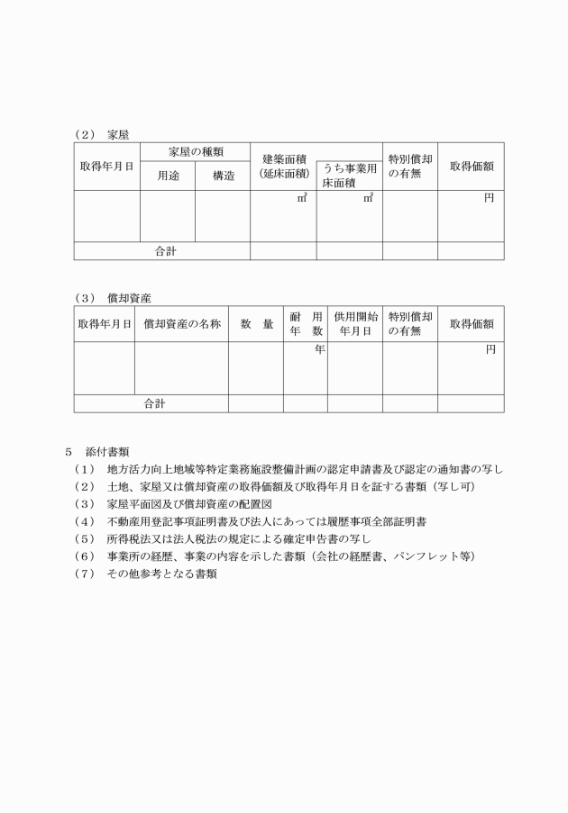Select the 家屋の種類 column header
pos(195,153)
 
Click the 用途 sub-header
pos(168,176)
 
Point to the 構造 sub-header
pos(223,176)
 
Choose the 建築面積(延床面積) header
pos(283,166)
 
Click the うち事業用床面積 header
pos(349,175)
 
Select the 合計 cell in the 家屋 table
pos(162,251)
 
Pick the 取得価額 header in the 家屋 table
pos(471,167)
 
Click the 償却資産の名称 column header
pos(181,323)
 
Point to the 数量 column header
pos(256,323)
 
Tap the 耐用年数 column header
pos(306,323)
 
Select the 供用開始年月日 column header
pos(355,323)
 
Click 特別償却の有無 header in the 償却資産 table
pos(410,323)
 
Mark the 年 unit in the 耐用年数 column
pos(319,349)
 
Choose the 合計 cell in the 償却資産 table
pos(151,403)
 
